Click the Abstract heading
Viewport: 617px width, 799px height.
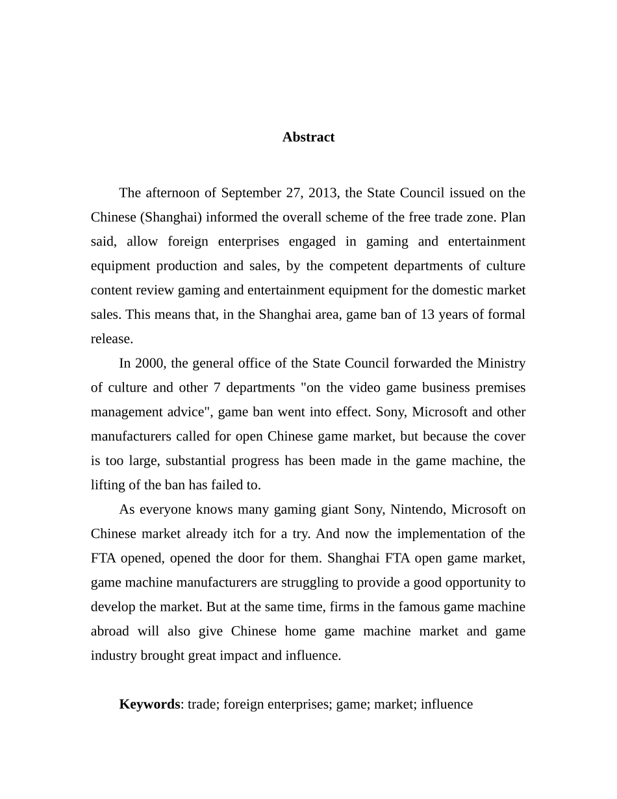(x=308, y=137)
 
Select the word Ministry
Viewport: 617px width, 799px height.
(x=501, y=363)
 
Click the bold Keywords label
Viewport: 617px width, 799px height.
(x=149, y=704)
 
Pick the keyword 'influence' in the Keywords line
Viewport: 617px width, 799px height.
(x=447, y=704)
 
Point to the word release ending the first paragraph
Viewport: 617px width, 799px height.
(x=111, y=339)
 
